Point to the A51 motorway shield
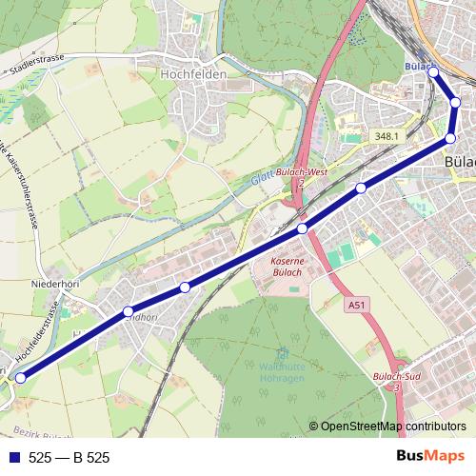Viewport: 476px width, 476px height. pyautogui.click(x=354, y=306)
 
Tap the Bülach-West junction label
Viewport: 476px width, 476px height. pyautogui.click(x=302, y=172)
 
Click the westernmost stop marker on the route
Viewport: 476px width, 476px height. pyautogui.click(x=20, y=376)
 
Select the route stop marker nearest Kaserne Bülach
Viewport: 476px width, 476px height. pyautogui.click(x=302, y=228)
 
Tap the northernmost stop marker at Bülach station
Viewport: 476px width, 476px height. pyautogui.click(x=433, y=71)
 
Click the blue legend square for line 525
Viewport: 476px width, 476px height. pyautogui.click(x=12, y=458)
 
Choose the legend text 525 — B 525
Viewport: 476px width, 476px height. pyautogui.click(x=69, y=458)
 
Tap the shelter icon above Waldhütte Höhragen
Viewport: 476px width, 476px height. pyautogui.click(x=280, y=357)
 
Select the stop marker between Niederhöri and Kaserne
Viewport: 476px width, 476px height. pyautogui.click(x=185, y=287)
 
